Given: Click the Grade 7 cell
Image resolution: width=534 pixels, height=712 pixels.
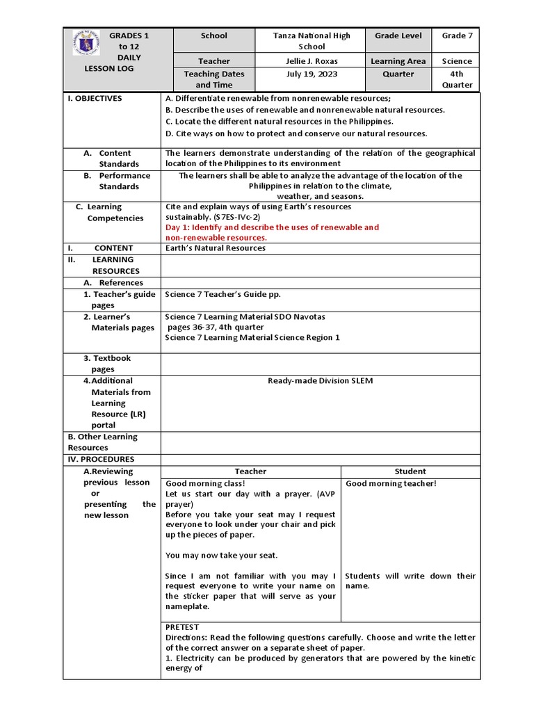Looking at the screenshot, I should click(457, 35).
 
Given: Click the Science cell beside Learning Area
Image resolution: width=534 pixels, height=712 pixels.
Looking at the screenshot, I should click(457, 61).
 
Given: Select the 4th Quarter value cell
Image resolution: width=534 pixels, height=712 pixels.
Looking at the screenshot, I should click(457, 79).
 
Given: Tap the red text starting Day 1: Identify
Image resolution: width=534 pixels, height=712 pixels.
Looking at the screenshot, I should click(272, 232).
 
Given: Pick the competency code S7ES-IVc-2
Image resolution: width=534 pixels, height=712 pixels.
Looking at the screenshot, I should click(236, 218).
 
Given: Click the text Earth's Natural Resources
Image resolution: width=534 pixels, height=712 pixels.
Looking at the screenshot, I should click(216, 248).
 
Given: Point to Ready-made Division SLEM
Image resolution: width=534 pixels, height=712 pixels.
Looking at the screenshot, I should click(320, 380).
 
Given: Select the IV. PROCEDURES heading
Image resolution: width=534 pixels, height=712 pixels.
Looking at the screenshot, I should click(101, 459).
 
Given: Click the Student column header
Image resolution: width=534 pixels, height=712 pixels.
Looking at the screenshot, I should click(410, 471).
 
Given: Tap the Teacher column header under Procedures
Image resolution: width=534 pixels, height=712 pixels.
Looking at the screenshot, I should click(250, 471).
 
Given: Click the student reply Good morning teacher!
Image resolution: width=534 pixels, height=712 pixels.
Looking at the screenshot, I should click(391, 483).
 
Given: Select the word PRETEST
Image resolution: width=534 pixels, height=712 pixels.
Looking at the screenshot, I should click(182, 626).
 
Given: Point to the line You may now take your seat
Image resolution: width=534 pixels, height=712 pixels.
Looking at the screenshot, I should click(221, 555).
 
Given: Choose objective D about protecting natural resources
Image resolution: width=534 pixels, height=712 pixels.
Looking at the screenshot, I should click(296, 133).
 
